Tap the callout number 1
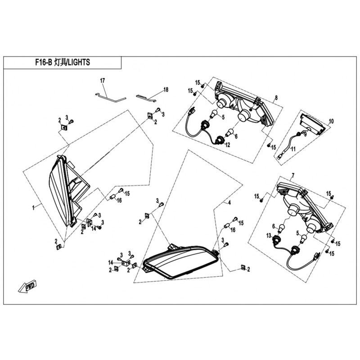[x=33, y=207]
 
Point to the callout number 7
[x=293, y=175]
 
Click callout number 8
[x=276, y=98]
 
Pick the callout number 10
[x=332, y=121]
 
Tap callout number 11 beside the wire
[x=292, y=149]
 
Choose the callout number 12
[x=227, y=145]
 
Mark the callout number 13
[x=269, y=236]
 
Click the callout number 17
[x=102, y=81]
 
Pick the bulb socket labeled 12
[x=220, y=140]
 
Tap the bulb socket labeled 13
[x=276, y=239]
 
